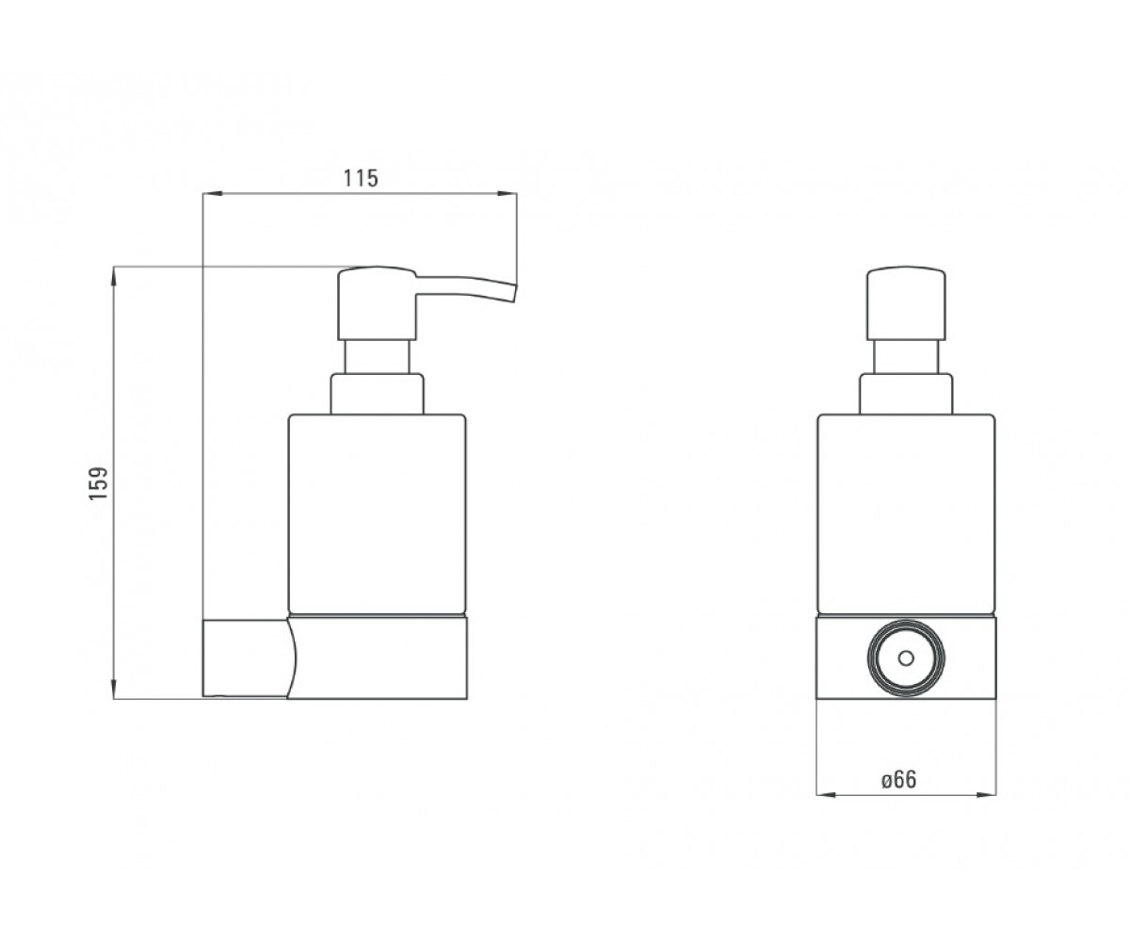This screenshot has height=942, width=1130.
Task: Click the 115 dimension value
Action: pos(361,178)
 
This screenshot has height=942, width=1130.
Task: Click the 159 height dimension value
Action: pos(99,483)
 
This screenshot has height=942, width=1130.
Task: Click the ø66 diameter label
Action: pos(899,780)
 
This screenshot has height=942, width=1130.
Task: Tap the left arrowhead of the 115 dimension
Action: pos(212,193)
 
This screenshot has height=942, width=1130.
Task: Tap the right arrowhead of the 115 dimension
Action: pos(508,193)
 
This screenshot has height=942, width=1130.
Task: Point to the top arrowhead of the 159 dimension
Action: pos(113,276)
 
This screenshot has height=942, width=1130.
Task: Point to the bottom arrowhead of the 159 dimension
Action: pos(113,689)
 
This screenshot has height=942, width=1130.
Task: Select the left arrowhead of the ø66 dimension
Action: pos(826,795)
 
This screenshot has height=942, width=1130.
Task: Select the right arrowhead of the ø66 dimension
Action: pos(986,795)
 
